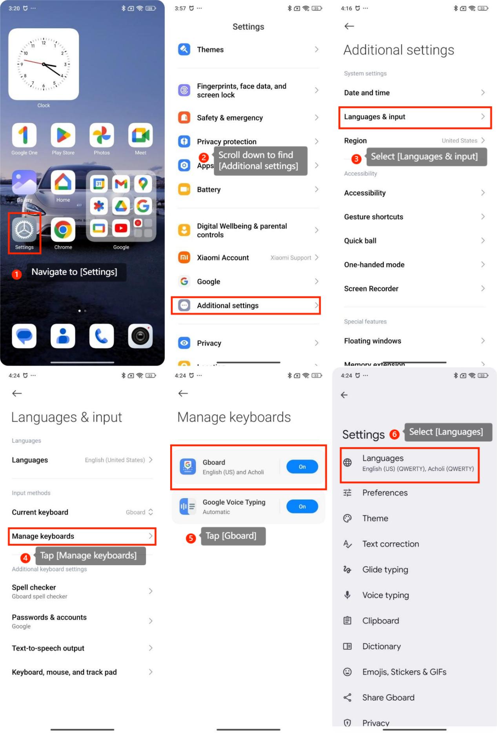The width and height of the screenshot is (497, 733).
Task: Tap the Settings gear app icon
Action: (24, 229)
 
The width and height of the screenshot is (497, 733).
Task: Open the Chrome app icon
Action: (63, 229)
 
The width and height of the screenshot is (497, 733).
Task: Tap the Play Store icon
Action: (63, 135)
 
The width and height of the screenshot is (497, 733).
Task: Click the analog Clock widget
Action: (44, 64)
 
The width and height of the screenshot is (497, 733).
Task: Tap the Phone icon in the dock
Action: (102, 336)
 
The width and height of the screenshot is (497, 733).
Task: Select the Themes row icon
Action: (184, 49)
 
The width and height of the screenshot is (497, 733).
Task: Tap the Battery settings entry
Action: (209, 189)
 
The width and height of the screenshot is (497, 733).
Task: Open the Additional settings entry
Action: (228, 306)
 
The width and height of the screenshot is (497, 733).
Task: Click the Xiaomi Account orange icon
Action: (184, 258)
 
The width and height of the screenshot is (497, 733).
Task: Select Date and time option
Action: (367, 93)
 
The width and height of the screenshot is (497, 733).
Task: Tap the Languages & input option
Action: (375, 116)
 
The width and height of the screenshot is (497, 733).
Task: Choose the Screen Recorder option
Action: (371, 289)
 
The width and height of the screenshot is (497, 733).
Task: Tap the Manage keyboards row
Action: (82, 536)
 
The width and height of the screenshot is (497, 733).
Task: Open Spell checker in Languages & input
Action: (34, 587)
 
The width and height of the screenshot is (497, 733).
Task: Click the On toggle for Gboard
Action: (302, 467)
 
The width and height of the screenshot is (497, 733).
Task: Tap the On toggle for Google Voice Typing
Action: (302, 506)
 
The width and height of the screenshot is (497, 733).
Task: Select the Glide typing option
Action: (385, 569)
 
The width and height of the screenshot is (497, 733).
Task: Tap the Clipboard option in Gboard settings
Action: (380, 620)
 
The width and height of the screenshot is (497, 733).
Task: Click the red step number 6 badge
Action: (394, 434)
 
